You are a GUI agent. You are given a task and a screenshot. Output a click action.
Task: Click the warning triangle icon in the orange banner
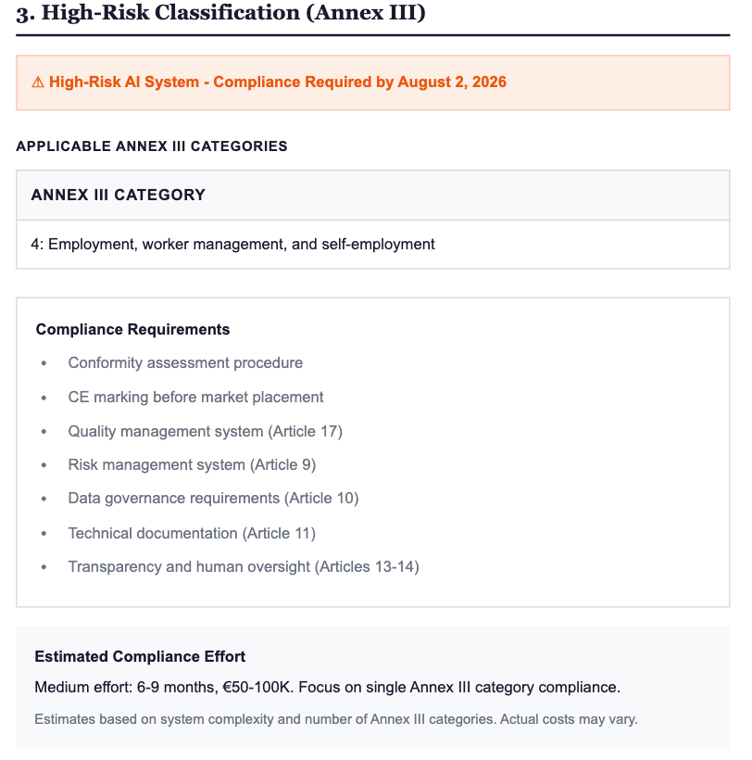38,82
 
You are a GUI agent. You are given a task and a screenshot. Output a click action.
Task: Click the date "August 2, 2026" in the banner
452,82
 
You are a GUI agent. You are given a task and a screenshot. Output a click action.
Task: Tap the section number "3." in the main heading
25,15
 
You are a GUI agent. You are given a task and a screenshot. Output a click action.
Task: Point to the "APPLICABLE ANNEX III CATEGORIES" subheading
152,146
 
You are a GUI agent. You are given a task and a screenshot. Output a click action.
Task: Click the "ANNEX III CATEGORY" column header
118,196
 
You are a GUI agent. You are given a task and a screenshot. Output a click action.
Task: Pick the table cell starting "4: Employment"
232,245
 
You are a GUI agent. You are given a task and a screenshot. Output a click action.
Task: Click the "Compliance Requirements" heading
132,329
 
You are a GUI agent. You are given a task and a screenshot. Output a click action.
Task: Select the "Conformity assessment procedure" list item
185,363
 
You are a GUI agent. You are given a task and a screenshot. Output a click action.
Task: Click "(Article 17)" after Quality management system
306,432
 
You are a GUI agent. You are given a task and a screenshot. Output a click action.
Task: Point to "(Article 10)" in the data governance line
321,499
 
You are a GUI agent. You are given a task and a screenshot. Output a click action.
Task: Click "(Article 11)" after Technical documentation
279,533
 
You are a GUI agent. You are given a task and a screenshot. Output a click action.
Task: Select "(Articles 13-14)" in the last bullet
367,567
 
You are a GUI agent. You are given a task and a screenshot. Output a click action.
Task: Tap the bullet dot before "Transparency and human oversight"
44,567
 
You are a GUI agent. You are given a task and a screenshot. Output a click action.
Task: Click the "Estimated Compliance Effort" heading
140,657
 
